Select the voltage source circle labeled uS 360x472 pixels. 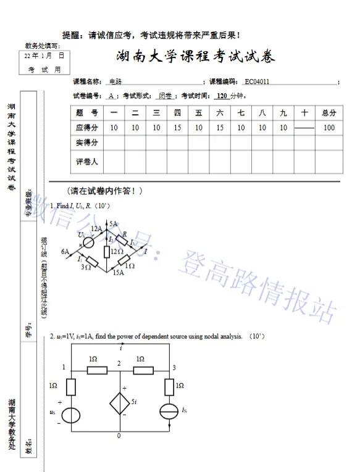click(72, 415)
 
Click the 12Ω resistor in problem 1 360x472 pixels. click(107, 251)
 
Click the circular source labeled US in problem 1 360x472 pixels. click(88, 241)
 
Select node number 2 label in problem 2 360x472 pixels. click(120, 362)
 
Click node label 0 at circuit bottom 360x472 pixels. click(119, 436)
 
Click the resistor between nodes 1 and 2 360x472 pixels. click(96, 370)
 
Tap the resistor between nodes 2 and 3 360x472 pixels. click(144, 370)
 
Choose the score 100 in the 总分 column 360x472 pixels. click(329, 128)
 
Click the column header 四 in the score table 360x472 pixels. click(178, 113)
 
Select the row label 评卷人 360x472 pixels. click(87, 162)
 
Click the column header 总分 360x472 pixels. click(329, 113)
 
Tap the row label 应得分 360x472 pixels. click(87, 128)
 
